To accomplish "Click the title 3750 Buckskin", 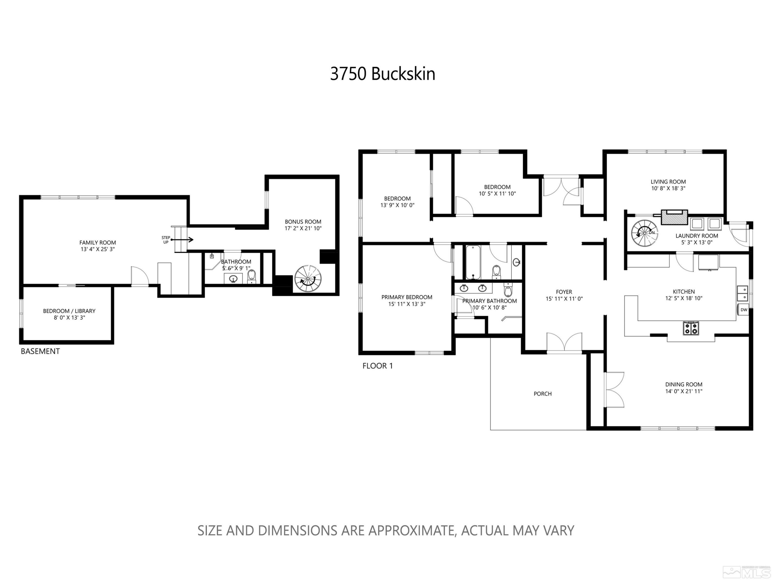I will [x=382, y=74].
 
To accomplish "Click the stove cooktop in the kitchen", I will [x=691, y=328].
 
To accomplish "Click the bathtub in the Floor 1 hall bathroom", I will [x=473, y=262].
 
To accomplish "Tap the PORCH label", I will [x=542, y=394].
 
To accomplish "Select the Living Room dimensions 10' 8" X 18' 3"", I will [x=668, y=188].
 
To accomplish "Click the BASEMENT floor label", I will [x=40, y=351].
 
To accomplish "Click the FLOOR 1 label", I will [x=377, y=366].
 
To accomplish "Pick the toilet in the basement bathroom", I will [x=252, y=276].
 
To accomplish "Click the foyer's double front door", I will [x=564, y=342].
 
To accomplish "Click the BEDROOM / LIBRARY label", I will [x=69, y=311].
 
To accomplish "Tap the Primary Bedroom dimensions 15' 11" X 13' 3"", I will [x=407, y=304].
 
